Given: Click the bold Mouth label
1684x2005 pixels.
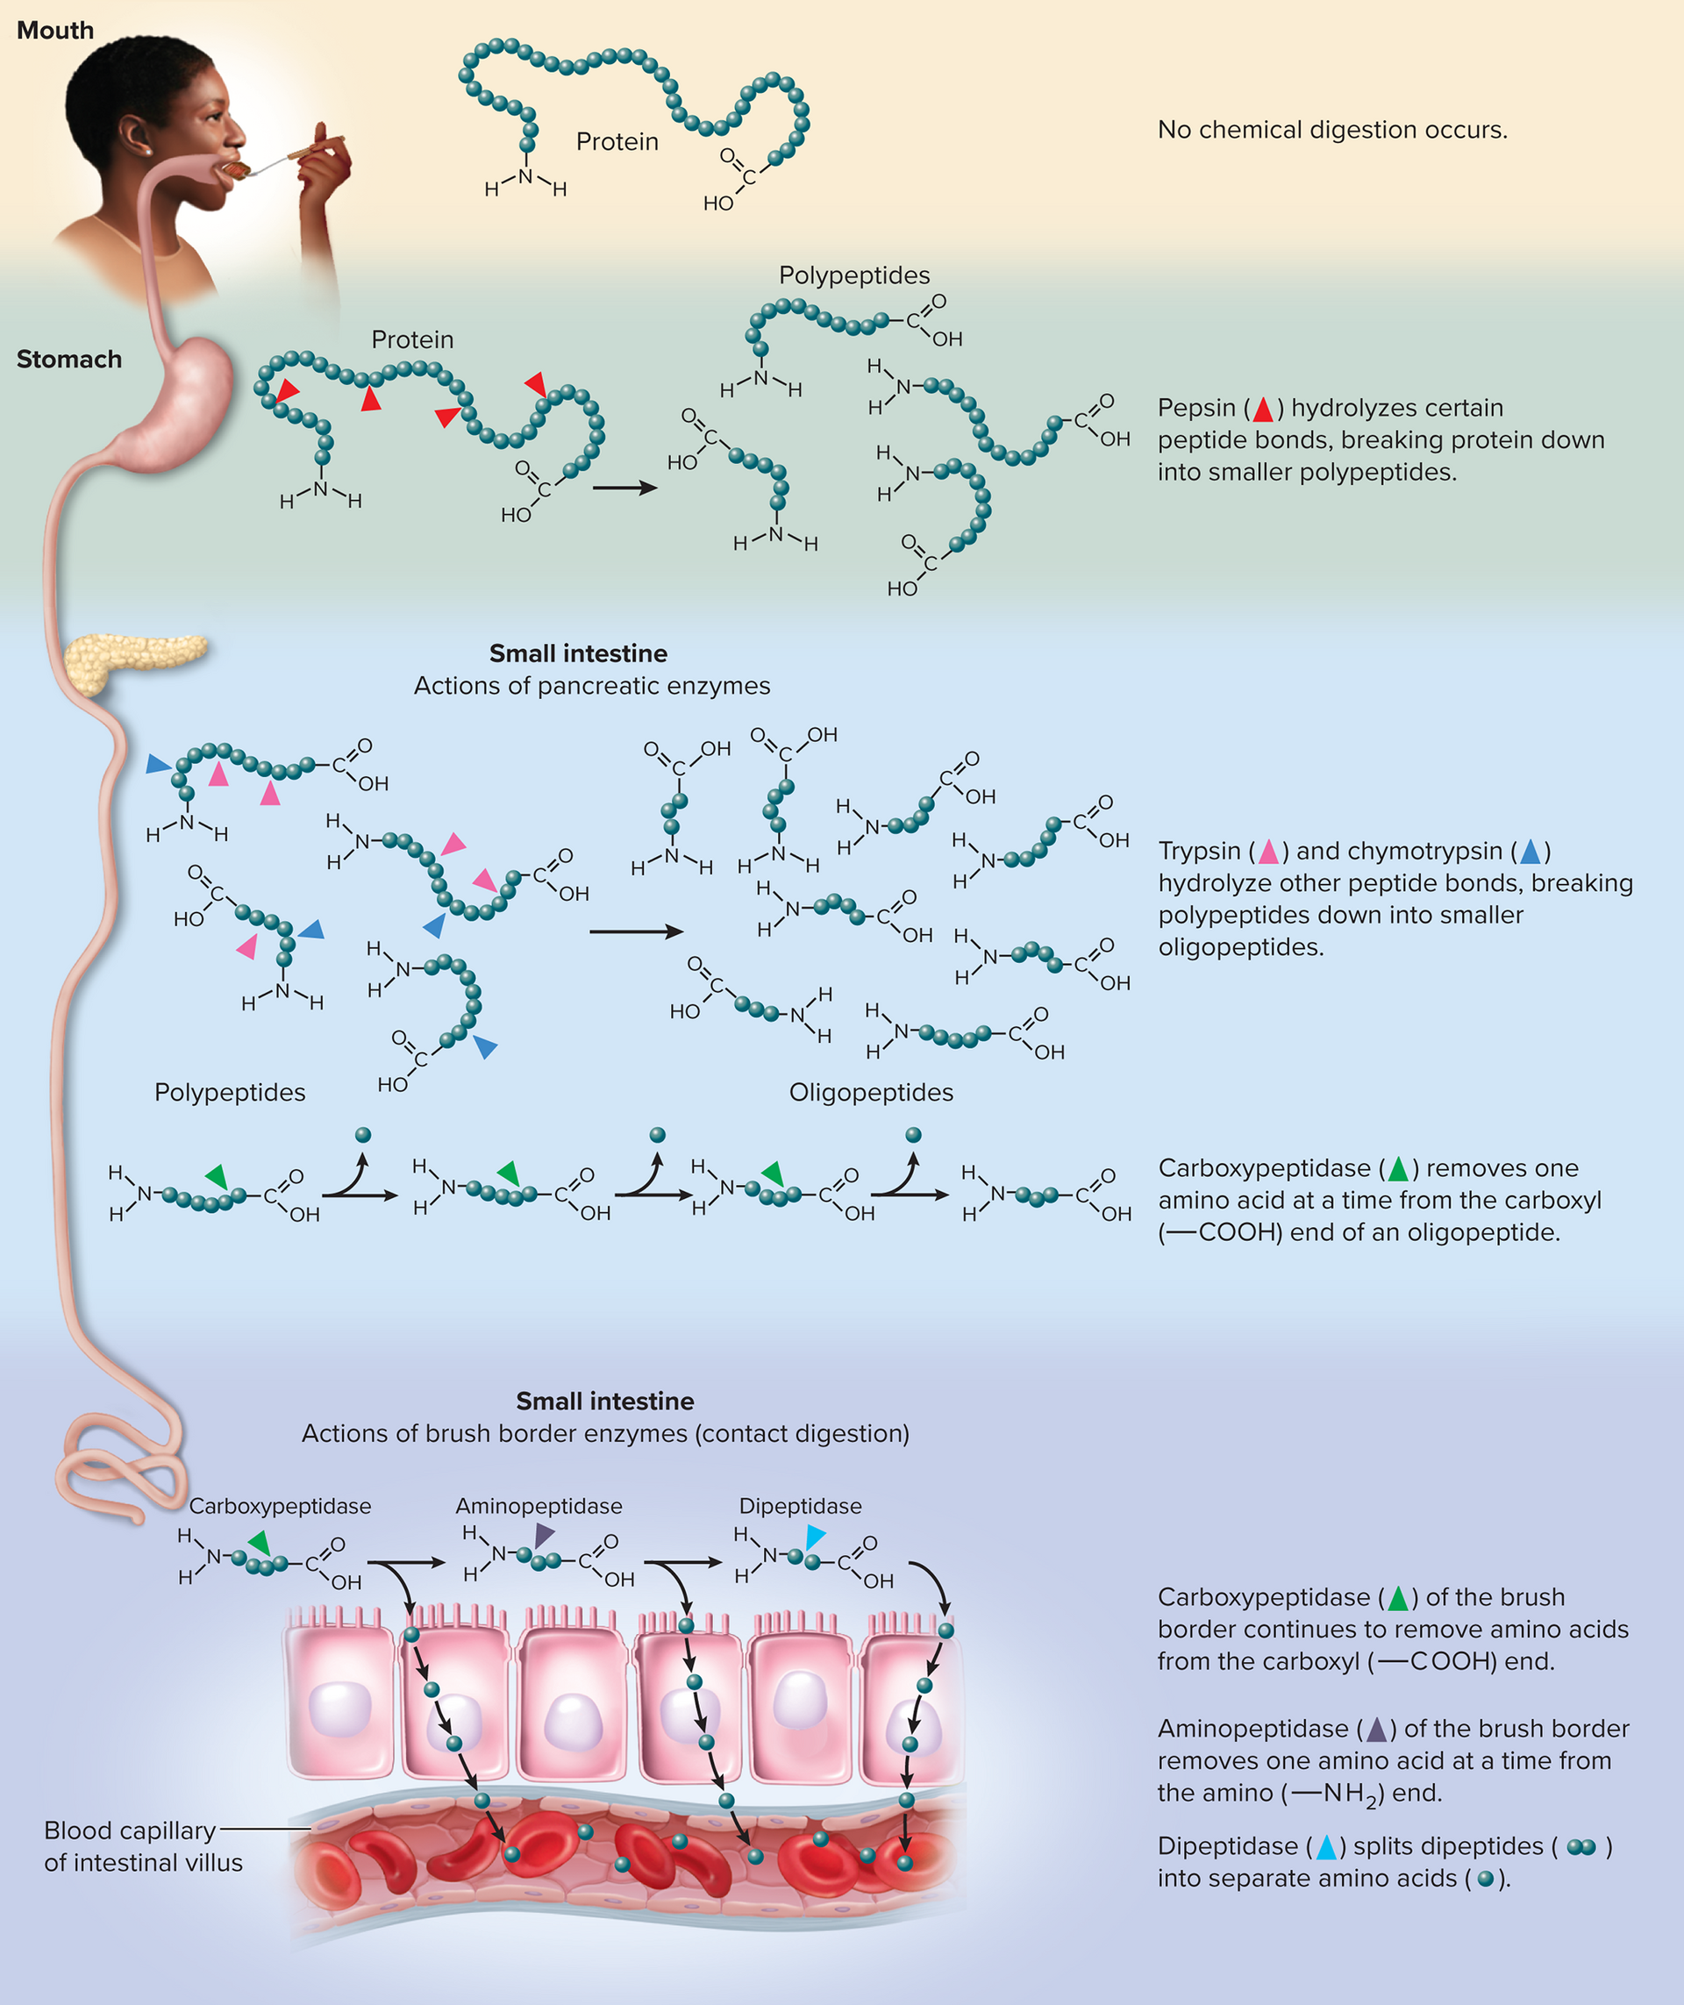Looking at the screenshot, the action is click(x=55, y=31).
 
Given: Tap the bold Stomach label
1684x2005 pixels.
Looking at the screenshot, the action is click(x=68, y=359).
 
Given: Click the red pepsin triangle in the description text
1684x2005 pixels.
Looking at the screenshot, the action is click(x=1263, y=410).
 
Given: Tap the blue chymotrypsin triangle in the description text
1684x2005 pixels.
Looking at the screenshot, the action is click(x=1531, y=852).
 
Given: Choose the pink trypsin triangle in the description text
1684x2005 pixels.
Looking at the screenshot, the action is click(x=1267, y=852).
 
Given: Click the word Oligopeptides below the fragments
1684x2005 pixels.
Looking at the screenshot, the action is click(x=871, y=1092).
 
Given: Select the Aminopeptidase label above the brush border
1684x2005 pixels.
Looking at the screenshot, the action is click(x=539, y=1506).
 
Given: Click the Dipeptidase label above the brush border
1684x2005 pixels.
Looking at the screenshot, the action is click(x=800, y=1506).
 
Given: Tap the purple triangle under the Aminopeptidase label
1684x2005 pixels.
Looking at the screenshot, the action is click(x=543, y=1535).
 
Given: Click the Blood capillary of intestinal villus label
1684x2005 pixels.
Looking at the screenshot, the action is click(x=143, y=1845).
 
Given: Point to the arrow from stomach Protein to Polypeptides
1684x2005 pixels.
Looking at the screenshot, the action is click(x=625, y=488).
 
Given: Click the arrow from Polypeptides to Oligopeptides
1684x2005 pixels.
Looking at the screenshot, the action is click(x=637, y=931).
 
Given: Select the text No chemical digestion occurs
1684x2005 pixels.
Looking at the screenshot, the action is click(x=1332, y=130).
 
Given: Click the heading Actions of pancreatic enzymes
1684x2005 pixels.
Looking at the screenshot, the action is click(x=592, y=686).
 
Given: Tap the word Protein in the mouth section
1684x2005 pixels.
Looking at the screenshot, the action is click(x=617, y=141).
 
